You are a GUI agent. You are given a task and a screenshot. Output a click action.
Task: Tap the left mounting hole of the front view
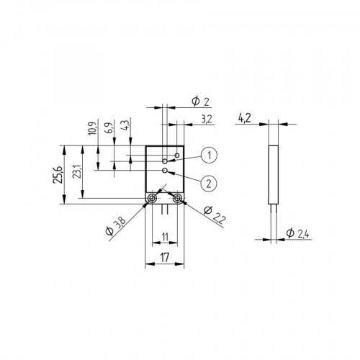pos(153,199)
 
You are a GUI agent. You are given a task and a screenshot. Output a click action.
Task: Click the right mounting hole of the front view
pos(177,199)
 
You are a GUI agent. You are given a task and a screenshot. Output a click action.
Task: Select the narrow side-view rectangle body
pos(272,173)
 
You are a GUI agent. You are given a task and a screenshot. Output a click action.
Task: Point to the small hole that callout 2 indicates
pos(166,171)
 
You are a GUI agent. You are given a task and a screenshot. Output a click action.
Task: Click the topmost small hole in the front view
pos(176,155)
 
